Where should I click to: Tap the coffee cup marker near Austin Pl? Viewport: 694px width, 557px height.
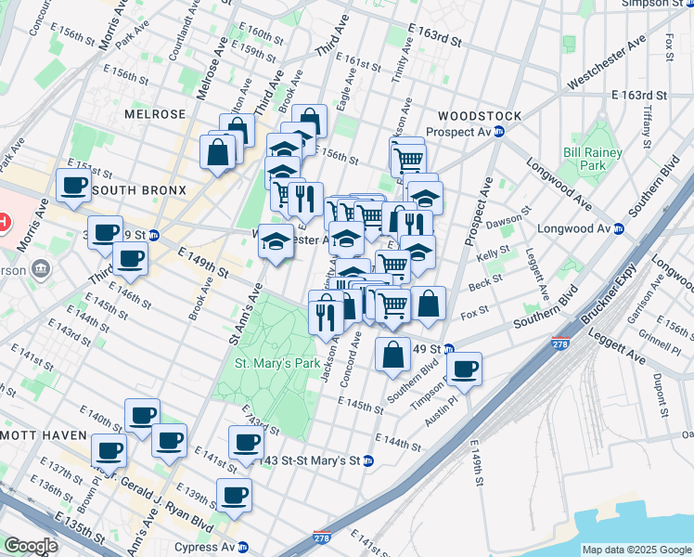464,369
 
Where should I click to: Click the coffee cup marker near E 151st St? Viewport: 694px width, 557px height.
73,185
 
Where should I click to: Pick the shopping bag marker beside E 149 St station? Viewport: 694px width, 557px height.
393,354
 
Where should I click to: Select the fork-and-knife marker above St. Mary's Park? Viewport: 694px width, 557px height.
326,316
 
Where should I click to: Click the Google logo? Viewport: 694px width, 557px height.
30,546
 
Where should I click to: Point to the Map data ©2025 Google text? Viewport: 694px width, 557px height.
636,550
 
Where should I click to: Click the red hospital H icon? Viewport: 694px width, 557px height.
4,223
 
